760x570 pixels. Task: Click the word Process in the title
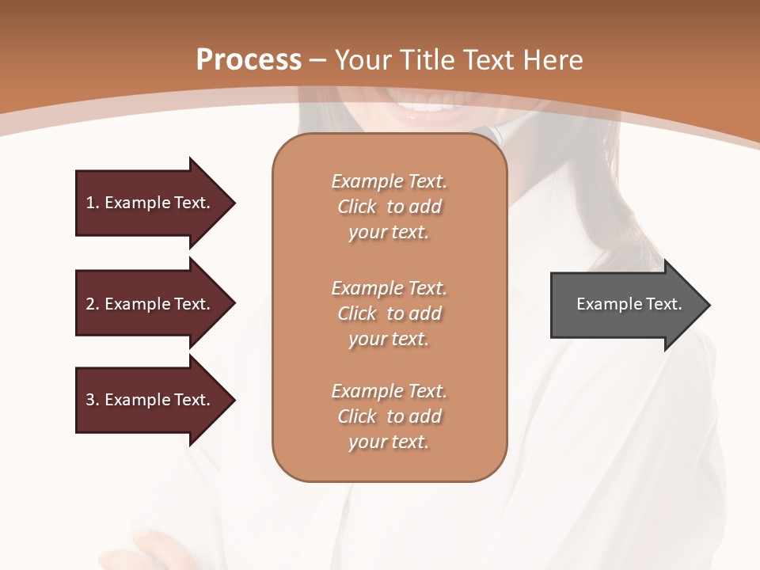(249, 60)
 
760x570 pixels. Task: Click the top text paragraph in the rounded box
(389, 207)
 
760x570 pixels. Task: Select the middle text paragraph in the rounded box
(389, 313)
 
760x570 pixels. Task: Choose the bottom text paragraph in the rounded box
(389, 416)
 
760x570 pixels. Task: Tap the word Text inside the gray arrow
(664, 304)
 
